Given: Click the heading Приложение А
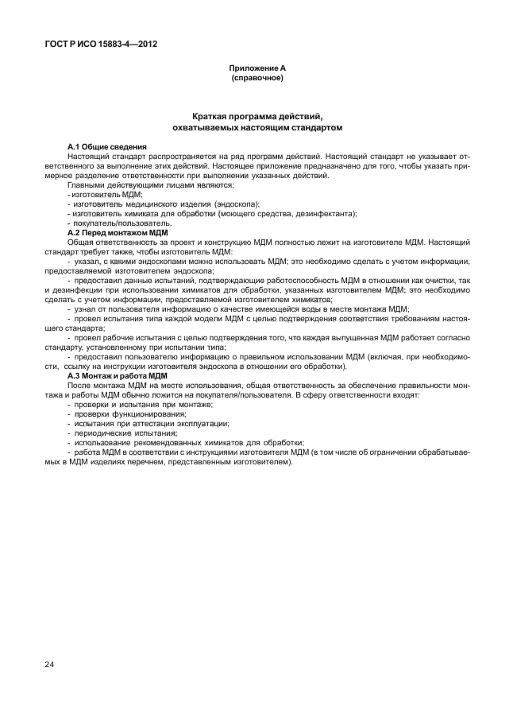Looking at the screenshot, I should (256, 69).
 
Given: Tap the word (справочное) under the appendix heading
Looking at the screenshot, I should (256, 79).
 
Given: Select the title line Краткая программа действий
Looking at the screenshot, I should (256, 116).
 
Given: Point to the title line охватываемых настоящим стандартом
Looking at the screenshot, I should (256, 127).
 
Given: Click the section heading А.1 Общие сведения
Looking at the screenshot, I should (107, 148).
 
